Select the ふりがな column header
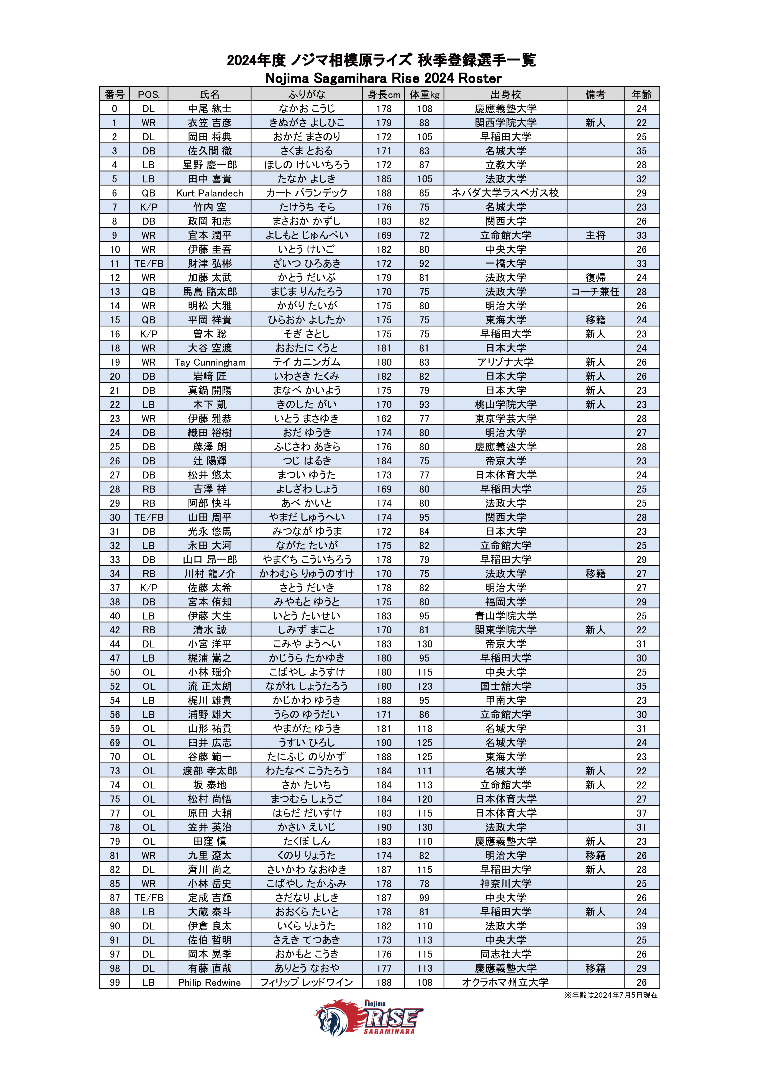pyautogui.click(x=306, y=94)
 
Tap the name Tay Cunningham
pyautogui.click(x=210, y=362)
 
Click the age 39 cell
pyautogui.click(x=641, y=926)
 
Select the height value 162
pyautogui.click(x=384, y=418)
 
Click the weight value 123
pyautogui.click(x=425, y=686)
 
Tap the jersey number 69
pyautogui.click(x=115, y=743)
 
